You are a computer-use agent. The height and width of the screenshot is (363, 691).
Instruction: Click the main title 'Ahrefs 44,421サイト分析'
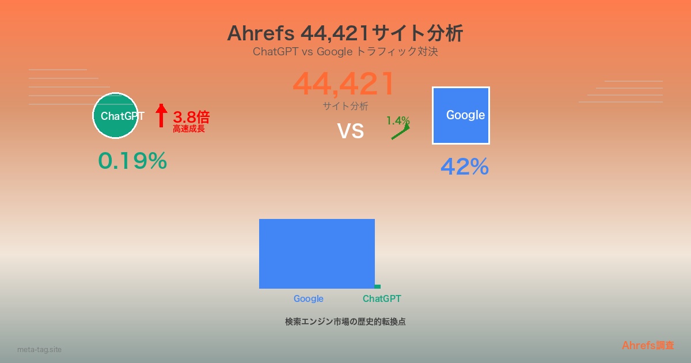tap(345, 33)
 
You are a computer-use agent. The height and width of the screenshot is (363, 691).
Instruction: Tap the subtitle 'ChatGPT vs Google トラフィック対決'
tap(345, 51)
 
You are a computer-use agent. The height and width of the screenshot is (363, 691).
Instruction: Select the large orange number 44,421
tap(343, 84)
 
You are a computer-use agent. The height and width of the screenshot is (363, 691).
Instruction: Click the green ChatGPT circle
tap(115, 115)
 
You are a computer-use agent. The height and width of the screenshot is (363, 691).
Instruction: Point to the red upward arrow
tap(161, 115)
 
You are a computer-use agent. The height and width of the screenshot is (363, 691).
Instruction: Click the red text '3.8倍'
tap(191, 118)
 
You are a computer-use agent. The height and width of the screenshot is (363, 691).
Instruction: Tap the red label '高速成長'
tap(189, 128)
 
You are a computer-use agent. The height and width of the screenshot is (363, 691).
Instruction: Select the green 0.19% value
tap(132, 161)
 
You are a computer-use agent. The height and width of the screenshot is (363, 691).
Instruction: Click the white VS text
tap(351, 131)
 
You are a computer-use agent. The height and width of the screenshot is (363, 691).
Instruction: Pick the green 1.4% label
tap(398, 120)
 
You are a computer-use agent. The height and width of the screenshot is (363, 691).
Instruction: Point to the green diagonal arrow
tap(400, 132)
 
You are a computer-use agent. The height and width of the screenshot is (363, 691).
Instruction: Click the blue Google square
tap(461, 115)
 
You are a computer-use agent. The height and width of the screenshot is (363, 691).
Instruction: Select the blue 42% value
tap(465, 167)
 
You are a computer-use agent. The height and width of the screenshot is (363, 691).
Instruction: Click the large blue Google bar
tap(317, 254)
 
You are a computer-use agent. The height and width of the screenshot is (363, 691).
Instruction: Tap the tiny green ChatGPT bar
tap(378, 287)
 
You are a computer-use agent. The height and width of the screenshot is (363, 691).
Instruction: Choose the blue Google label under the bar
tap(309, 299)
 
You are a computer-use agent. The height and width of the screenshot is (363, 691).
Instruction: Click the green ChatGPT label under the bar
tap(382, 299)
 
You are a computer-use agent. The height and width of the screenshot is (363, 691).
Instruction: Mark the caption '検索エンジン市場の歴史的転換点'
tap(345, 322)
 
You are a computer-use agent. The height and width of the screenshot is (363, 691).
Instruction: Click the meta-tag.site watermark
tap(40, 349)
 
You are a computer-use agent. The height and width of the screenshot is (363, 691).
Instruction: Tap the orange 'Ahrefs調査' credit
tap(648, 345)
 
